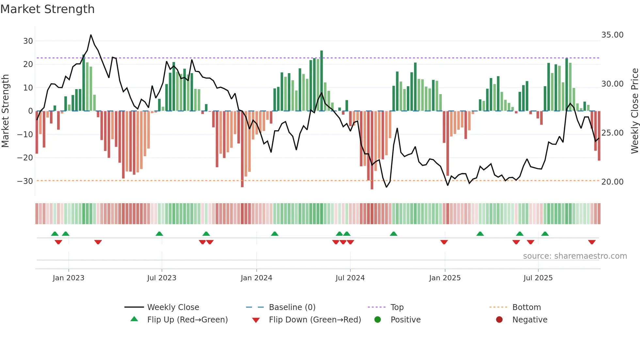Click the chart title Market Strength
coord(47,9)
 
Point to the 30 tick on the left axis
coord(28,41)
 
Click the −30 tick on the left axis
coord(25,181)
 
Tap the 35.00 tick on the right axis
coord(612,35)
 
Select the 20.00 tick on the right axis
coord(612,182)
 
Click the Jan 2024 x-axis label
coord(256,278)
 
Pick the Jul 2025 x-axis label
coord(538,278)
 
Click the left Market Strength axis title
coord(6,111)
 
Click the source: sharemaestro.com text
coord(575,256)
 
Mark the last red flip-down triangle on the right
coord(592,242)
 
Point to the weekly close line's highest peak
coord(91,35)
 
